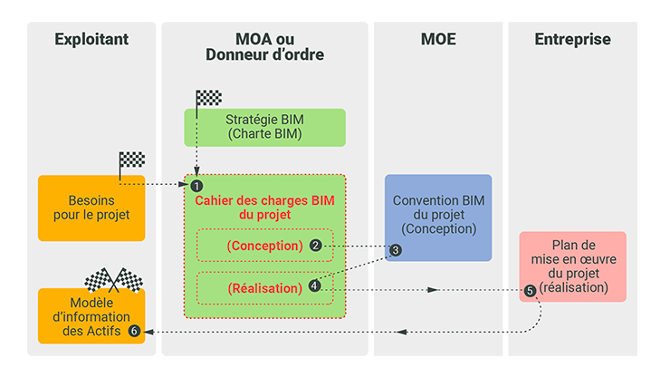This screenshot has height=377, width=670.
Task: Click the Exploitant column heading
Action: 91,39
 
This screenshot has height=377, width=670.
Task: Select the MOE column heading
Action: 438,39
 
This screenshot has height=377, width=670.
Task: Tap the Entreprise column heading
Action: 572,39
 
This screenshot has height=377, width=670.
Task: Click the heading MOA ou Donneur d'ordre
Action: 264,47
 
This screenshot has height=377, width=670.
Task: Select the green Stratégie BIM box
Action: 264,126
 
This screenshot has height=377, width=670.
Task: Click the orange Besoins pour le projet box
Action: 91,208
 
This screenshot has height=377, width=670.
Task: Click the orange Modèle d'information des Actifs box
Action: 91,316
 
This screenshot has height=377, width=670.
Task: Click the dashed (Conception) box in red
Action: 264,246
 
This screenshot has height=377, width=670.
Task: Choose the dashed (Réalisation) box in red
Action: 264,288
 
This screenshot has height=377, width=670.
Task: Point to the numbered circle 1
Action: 196,184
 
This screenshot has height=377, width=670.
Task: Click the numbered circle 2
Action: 315,246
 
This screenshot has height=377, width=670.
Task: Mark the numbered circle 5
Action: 530,291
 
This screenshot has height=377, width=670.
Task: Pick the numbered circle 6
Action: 135,331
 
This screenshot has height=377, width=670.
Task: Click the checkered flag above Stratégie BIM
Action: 208,98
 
